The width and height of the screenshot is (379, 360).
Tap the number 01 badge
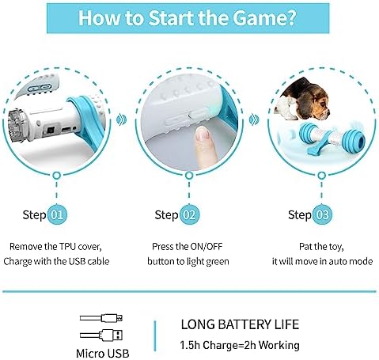click(57, 214)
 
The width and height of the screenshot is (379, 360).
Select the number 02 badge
click(189, 214)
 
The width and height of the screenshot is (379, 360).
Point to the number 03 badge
click(322, 214)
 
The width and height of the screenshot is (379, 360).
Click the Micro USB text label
click(103, 353)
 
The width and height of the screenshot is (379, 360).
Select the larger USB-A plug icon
click(101, 335)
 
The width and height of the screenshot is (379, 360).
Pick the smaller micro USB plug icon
click(101, 318)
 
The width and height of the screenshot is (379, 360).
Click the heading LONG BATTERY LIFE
click(240, 324)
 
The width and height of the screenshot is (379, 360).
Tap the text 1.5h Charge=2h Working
click(240, 345)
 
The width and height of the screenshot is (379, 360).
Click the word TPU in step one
click(68, 247)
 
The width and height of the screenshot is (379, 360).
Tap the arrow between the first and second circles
click(122, 119)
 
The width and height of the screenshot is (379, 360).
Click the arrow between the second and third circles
click(254, 119)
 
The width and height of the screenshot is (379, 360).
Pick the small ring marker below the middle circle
click(188, 176)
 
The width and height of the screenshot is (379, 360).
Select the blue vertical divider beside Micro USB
click(155, 336)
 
